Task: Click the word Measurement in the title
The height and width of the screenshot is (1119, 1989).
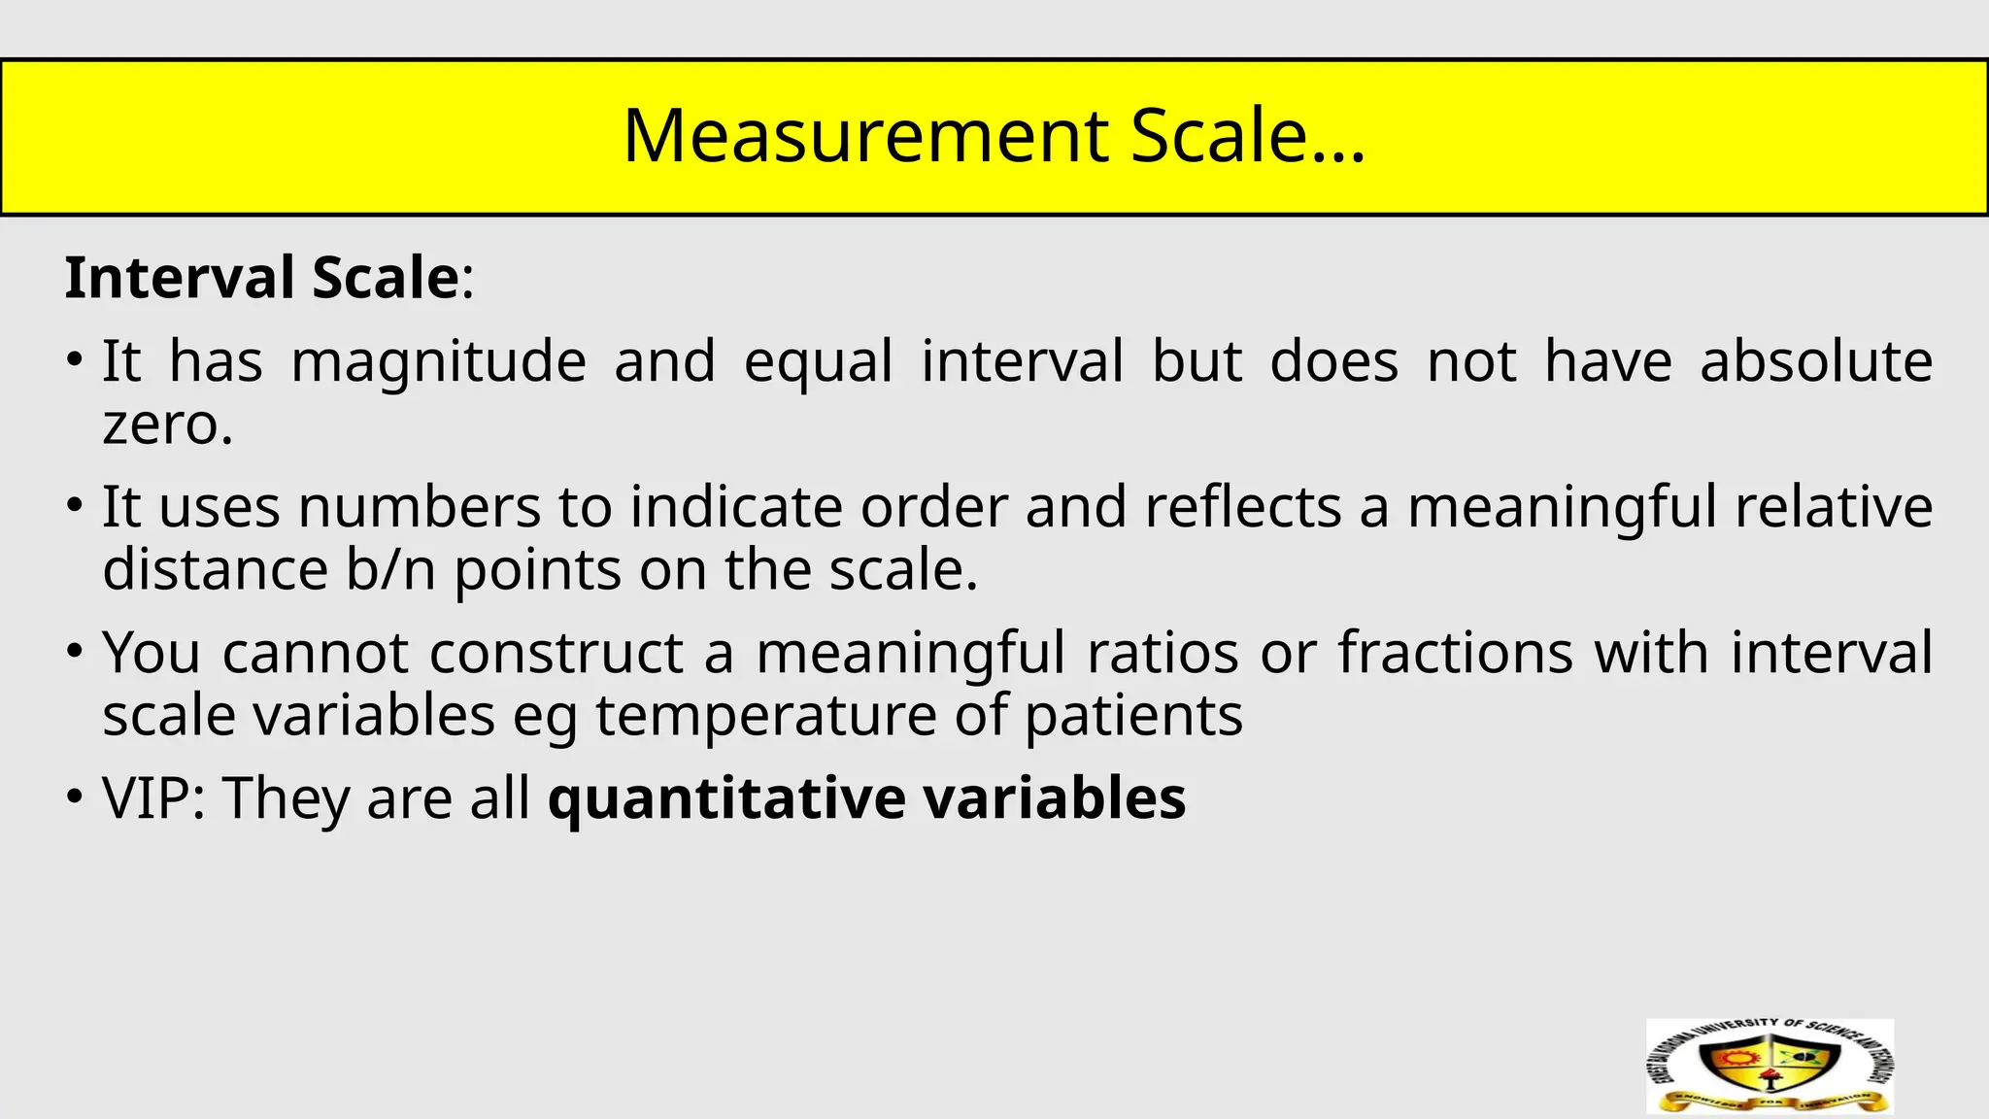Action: [865, 135]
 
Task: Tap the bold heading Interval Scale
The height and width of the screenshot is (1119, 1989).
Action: [261, 278]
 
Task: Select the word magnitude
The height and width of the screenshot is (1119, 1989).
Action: [438, 361]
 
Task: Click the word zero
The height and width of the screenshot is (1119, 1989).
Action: [167, 424]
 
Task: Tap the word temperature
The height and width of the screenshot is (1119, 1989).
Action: [765, 716]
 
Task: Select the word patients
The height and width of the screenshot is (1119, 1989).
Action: [1133, 716]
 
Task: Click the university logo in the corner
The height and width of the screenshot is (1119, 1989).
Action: [1770, 1066]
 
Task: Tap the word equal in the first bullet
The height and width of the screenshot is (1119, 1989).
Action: [818, 361]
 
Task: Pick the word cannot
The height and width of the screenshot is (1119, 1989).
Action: [315, 653]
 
